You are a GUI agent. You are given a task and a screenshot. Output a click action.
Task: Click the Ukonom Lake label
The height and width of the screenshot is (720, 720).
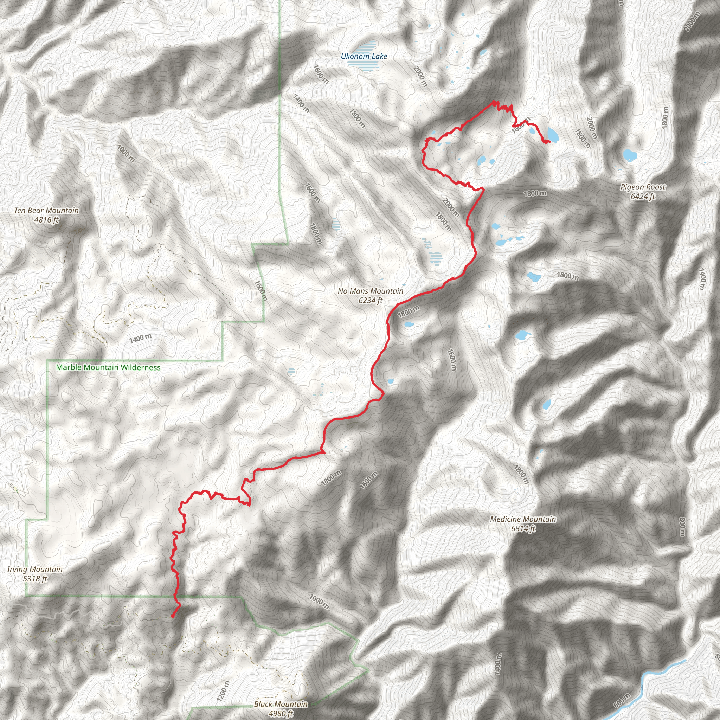coord(364,56)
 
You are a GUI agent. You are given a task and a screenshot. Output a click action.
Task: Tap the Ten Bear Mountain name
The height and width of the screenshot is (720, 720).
coord(47,210)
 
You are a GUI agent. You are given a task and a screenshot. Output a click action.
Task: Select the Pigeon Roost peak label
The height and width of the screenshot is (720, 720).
coord(643,187)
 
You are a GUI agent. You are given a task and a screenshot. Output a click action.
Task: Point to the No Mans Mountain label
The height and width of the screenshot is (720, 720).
coord(371,291)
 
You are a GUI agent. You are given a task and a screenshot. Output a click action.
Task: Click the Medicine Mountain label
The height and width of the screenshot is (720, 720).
coord(523,519)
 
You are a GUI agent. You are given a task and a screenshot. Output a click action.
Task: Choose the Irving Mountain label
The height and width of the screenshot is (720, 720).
coord(35,569)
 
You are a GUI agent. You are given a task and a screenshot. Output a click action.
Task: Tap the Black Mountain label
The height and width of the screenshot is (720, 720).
coord(281,704)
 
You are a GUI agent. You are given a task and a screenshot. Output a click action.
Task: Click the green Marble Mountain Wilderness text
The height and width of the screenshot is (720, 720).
coord(108,367)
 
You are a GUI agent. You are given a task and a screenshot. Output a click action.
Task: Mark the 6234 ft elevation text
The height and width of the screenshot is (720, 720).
coord(371,300)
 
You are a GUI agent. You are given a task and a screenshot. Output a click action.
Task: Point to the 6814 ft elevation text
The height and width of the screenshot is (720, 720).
coord(523,528)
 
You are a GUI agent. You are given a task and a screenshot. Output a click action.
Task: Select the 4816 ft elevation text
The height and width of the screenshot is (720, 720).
coord(47,220)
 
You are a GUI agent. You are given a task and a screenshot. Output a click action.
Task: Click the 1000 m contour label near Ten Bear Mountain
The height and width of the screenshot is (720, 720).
coord(126,153)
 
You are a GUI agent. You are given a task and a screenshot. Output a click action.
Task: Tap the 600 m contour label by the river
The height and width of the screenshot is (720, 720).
coord(622,700)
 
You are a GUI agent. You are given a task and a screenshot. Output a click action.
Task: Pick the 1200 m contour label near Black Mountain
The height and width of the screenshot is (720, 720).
coord(223,690)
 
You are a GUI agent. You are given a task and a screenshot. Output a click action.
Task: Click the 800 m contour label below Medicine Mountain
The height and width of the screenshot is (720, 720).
coord(682,527)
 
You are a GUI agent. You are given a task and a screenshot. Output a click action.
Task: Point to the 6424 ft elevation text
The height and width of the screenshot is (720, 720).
coord(643,197)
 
